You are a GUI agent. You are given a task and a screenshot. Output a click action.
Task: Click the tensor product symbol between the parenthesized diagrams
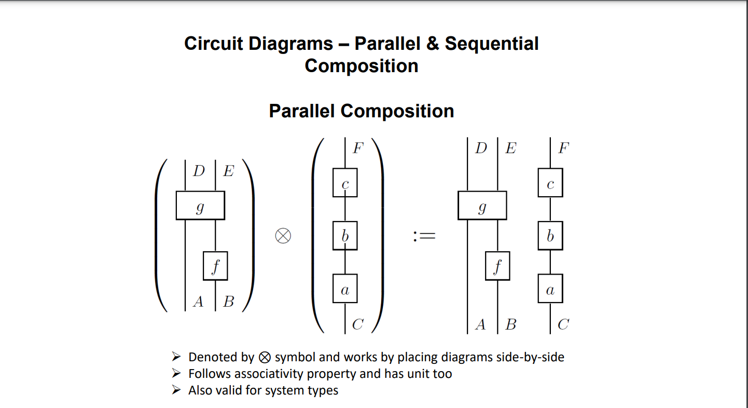coord(283,236)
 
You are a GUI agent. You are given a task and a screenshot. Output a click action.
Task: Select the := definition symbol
coord(424,237)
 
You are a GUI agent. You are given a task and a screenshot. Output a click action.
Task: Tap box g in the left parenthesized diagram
coord(200,206)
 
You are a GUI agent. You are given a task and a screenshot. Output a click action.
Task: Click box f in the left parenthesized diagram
coord(215,266)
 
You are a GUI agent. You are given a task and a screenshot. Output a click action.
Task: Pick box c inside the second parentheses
coord(344,182)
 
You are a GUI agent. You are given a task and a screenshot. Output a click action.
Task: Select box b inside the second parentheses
coord(344,236)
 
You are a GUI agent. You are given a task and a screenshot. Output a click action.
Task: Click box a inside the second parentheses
coord(344,289)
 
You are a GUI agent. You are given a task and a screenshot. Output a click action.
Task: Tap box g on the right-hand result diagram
coord(482,206)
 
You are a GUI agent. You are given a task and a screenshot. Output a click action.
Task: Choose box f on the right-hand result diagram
coord(497,266)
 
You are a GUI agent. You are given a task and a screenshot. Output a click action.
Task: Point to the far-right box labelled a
coord(550,289)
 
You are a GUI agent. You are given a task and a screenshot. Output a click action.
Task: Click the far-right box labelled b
coord(550,236)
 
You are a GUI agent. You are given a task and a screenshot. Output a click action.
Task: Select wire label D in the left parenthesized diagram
coord(199,171)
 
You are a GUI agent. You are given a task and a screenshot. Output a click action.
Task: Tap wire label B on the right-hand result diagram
coord(511,325)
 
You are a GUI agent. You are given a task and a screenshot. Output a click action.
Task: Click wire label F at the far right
coord(563,148)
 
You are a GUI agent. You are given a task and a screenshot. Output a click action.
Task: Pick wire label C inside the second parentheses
coord(357,325)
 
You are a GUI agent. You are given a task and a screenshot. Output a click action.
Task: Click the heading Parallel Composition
coord(361,111)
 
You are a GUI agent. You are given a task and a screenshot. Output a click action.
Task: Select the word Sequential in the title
coord(491,43)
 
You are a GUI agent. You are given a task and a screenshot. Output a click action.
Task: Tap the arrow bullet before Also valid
coord(177,390)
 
